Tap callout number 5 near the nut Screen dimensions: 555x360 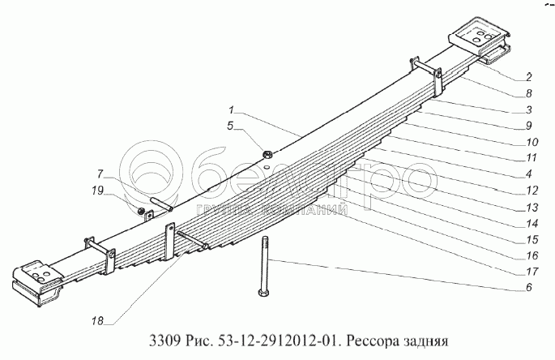coord(230,126)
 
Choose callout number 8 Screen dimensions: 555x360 coord(527,93)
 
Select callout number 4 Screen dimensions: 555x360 coord(527,174)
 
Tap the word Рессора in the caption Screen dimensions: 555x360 coord(375,341)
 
